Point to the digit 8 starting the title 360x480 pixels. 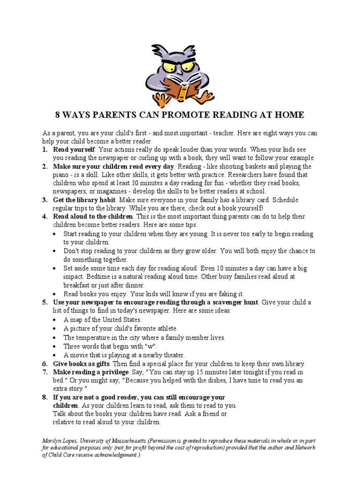coord(58,115)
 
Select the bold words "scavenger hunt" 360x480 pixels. coord(234,302)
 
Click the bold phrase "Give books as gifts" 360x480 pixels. coord(81,364)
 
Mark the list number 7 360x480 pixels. coord(45,372)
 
